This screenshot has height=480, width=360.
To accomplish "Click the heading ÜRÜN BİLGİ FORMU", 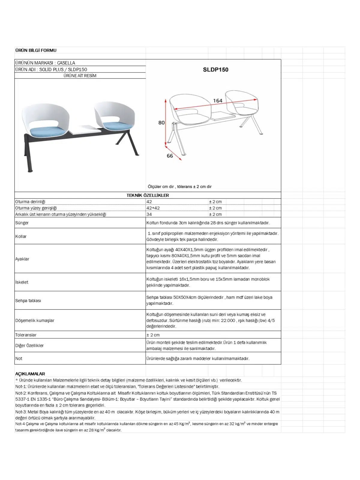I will pyautogui.click(x=36, y=50).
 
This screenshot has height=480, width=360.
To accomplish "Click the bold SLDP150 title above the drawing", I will pyautogui.click(x=215, y=70).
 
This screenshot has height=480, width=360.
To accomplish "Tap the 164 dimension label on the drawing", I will pyautogui.click(x=217, y=101).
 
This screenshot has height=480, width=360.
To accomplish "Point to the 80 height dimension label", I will pyautogui.click(x=161, y=122).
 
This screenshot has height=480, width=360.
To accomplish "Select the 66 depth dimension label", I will pyautogui.click(x=170, y=156).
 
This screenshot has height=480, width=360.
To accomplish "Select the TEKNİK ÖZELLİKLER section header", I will pyautogui.click(x=148, y=195).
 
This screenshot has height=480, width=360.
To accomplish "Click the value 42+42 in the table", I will pyautogui.click(x=153, y=208).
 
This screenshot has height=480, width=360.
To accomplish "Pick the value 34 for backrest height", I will pyautogui.click(x=149, y=214).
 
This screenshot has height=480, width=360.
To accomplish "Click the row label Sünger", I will pyautogui.click(x=22, y=223).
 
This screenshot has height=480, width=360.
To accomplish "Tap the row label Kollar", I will pyautogui.click(x=21, y=236).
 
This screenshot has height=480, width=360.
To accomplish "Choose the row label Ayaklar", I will pyautogui.click(x=22, y=259).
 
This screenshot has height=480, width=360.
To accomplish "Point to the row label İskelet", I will pyautogui.click(x=22, y=282).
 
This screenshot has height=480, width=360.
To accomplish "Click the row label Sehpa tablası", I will pyautogui.click(x=28, y=301).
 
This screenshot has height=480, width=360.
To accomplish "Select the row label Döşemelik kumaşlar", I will pyautogui.click(x=35, y=320).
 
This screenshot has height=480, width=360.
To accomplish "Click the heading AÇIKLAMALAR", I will pyautogui.click(x=30, y=374).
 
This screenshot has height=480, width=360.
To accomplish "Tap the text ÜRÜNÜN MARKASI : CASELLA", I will pyautogui.click(x=45, y=63).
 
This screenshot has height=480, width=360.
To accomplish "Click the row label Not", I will pyautogui.click(x=19, y=358).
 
